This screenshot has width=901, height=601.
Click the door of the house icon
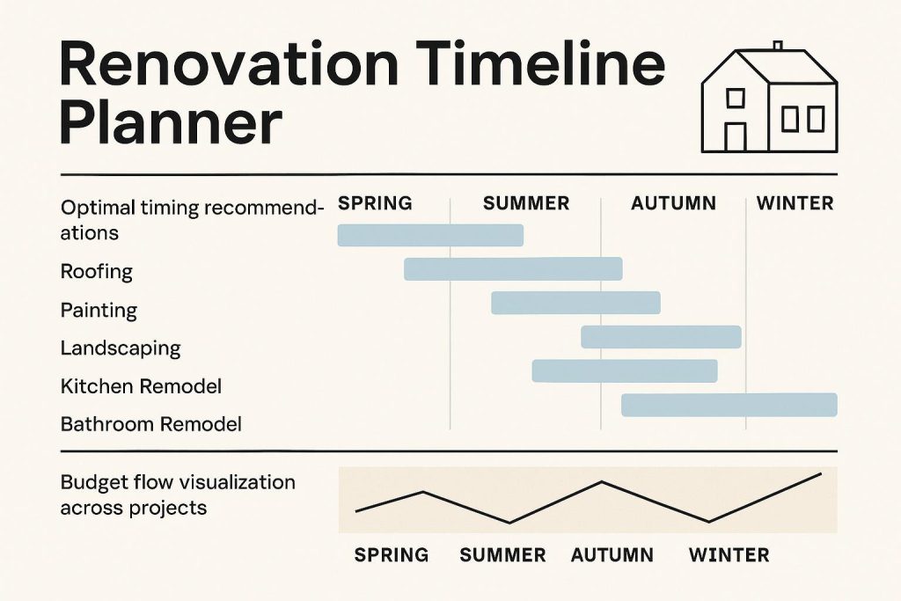click(735, 136)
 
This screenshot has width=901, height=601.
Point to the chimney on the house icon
click(777, 46)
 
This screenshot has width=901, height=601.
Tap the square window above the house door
click(735, 97)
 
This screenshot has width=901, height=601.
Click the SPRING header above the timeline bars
click(375, 203)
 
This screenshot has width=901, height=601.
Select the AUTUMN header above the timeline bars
click(673, 203)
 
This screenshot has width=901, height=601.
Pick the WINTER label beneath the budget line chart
click(729, 555)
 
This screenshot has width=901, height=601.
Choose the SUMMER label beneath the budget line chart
click(502, 555)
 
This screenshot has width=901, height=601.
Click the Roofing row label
click(96, 272)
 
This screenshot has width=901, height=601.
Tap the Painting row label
click(99, 311)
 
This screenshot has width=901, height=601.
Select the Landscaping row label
click(120, 348)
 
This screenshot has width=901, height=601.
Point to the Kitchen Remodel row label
click(141, 386)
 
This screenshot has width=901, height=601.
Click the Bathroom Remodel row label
click(150, 424)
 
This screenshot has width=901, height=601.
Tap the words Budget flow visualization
click(178, 482)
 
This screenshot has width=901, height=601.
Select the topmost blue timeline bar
click(430, 235)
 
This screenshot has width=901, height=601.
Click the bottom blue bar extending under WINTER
click(729, 405)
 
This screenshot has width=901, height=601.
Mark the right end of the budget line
click(820, 474)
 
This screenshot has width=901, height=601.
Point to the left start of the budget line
click(356, 510)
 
